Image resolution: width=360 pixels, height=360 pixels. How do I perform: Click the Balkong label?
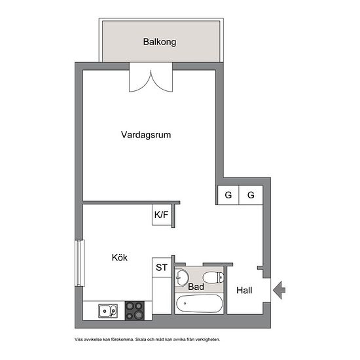[160, 42]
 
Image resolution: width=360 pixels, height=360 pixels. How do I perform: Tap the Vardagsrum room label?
[146, 135]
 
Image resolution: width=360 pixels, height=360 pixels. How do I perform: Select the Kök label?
[119, 257]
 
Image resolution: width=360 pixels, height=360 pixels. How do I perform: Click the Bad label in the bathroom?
[196, 287]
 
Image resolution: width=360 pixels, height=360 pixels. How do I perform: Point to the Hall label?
[244, 291]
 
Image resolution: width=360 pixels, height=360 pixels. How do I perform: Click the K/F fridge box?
[162, 215]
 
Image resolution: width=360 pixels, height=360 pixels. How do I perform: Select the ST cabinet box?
[162, 268]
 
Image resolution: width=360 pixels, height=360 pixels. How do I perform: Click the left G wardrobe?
[228, 195]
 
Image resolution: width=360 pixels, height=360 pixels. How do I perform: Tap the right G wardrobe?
[251, 195]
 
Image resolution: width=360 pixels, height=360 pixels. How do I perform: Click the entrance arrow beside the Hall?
[279, 290]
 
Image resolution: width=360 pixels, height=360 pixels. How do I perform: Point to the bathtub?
[199, 304]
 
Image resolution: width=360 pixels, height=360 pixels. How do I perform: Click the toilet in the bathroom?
[213, 278]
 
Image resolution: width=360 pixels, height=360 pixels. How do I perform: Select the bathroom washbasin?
[181, 278]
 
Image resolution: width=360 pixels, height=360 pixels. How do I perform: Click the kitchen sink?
[108, 311]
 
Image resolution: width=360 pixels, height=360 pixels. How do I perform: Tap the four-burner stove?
[135, 311]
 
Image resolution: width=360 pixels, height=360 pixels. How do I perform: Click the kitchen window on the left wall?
[79, 263]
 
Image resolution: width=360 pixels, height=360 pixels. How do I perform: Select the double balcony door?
[151, 78]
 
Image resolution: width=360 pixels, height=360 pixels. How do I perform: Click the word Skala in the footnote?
[140, 339]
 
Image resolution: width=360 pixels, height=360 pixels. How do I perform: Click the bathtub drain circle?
[185, 304]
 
